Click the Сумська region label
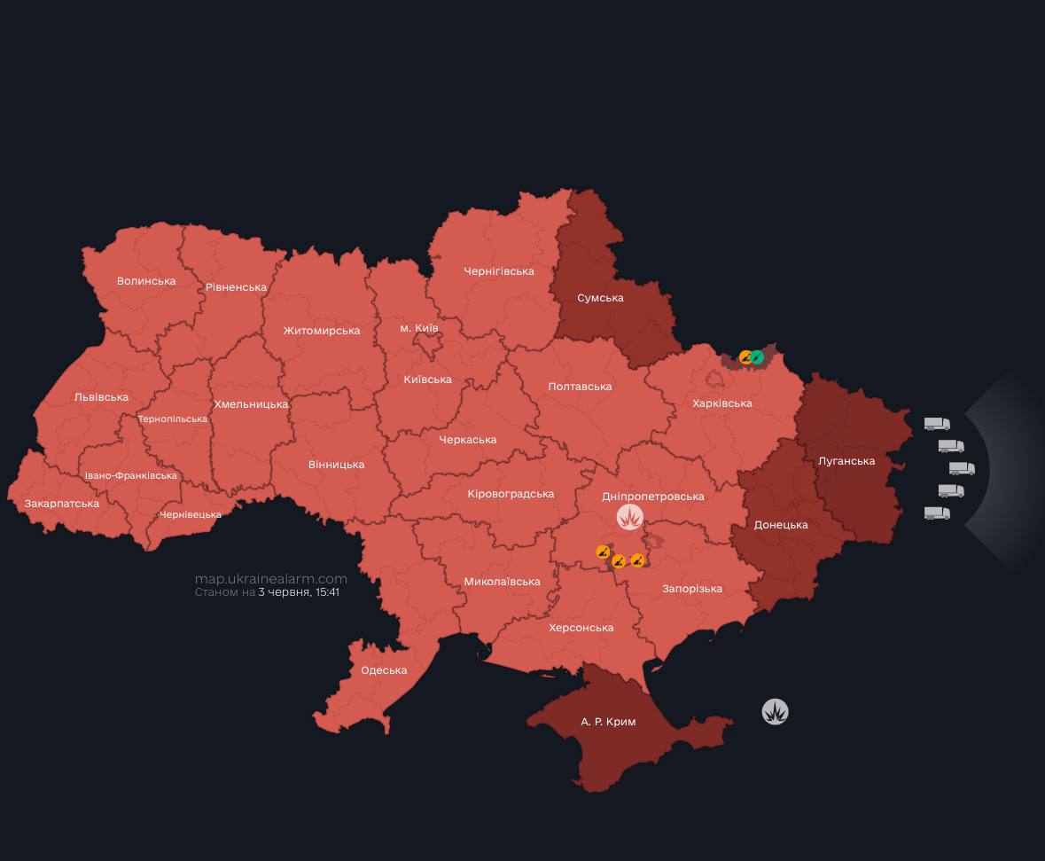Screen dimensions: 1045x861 [600, 298]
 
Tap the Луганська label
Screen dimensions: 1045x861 [846, 461]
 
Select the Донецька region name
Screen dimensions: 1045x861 [781, 525]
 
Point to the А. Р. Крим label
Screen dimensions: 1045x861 [608, 722]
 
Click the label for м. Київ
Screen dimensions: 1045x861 [418, 328]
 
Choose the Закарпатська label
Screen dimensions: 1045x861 [62, 504]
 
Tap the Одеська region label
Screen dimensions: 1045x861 [384, 670]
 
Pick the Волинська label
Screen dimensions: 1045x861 [146, 281]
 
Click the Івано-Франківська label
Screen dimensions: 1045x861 [131, 476]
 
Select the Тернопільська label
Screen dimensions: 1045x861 [173, 419]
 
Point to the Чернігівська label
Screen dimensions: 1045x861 [499, 271]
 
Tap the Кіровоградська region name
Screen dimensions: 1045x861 [511, 494]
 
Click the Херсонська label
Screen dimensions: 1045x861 [581, 628]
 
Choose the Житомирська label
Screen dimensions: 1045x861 [322, 331]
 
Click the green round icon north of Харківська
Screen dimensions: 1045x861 [757, 357]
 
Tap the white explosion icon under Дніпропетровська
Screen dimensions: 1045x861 [630, 518]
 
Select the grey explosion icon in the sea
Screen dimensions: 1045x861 [775, 712]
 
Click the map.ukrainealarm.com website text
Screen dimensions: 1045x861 [270, 578]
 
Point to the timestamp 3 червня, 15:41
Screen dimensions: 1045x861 [299, 591]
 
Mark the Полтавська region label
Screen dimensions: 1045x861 [580, 387]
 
